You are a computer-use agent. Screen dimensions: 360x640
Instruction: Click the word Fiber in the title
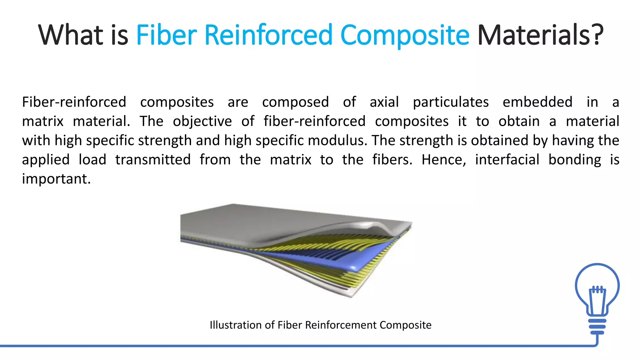(x=166, y=35)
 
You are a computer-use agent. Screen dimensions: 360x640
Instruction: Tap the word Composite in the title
(x=405, y=35)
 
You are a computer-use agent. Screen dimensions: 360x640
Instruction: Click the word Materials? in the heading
(x=540, y=35)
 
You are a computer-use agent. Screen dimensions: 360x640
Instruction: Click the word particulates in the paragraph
(x=451, y=102)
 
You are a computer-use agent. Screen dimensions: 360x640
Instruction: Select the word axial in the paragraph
(x=384, y=102)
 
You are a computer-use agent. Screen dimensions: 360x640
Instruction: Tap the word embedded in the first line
(x=537, y=102)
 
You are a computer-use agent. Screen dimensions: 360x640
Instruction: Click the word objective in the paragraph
(x=202, y=122)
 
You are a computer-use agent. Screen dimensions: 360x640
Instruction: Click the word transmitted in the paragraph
(x=153, y=160)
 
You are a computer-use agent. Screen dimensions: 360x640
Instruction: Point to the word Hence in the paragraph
(x=443, y=160)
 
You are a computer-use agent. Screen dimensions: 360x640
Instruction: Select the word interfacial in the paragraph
(x=507, y=160)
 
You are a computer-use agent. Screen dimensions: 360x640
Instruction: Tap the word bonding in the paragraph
(x=574, y=160)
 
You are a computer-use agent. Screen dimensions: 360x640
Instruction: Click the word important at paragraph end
(x=56, y=179)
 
